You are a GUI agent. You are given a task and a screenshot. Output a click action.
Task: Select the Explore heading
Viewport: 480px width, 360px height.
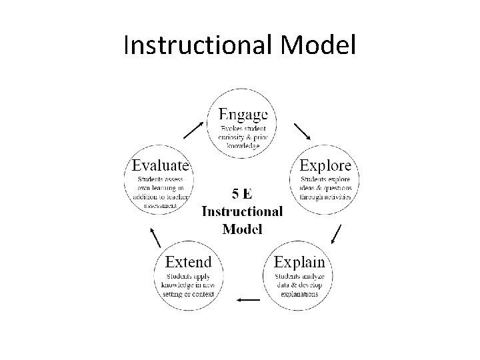(x=325, y=164)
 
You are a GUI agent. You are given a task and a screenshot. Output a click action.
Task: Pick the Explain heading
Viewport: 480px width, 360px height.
(x=299, y=261)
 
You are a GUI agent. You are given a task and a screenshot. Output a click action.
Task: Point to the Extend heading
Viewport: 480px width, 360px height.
(x=189, y=261)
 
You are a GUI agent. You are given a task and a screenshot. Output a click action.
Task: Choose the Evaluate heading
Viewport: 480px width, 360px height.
(x=161, y=164)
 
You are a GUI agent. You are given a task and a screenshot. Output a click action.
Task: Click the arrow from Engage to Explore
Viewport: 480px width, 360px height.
(x=302, y=130)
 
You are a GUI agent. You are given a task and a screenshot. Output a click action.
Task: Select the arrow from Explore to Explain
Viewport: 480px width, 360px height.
(x=336, y=234)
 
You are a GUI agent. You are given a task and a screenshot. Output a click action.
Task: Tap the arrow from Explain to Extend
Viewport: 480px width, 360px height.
(x=249, y=300)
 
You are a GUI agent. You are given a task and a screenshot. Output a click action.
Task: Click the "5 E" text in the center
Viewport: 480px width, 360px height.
(x=242, y=194)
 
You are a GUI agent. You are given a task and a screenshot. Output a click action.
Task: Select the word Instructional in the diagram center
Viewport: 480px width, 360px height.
(x=242, y=211)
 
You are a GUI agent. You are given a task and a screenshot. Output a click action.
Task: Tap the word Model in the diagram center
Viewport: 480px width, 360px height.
(x=242, y=229)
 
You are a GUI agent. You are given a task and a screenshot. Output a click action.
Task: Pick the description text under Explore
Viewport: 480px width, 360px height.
(x=326, y=187)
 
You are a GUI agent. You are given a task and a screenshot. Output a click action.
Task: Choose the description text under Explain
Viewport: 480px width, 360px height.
(x=299, y=285)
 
